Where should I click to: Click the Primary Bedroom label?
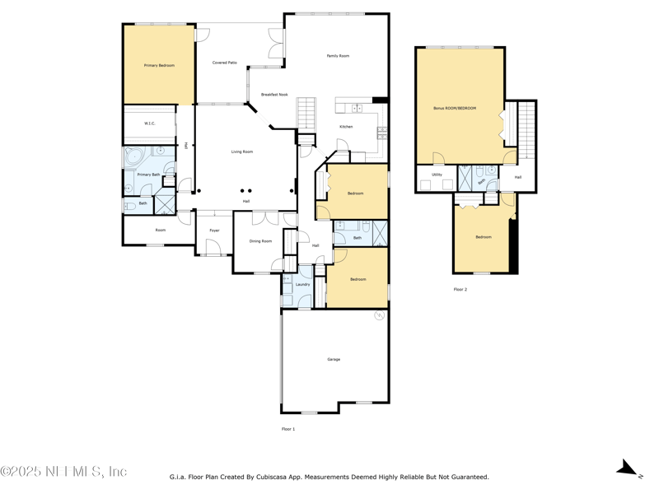click(x=159, y=65)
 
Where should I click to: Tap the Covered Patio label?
click(x=225, y=63)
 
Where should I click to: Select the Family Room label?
click(x=338, y=56)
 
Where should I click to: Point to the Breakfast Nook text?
click(x=274, y=95)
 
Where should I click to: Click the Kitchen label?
click(x=347, y=127)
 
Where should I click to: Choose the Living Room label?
click(x=241, y=151)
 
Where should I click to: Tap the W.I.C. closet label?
click(x=150, y=123)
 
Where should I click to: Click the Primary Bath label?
click(x=148, y=175)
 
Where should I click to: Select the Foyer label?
click(x=214, y=231)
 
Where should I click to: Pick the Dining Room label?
click(x=260, y=241)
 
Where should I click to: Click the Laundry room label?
click(x=302, y=285)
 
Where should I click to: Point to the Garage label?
click(x=334, y=359)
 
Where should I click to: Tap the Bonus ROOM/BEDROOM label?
click(x=455, y=109)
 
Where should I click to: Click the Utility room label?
click(x=437, y=175)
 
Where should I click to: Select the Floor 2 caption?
click(x=460, y=290)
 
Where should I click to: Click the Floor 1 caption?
click(x=288, y=429)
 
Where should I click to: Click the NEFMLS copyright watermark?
click(x=63, y=472)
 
